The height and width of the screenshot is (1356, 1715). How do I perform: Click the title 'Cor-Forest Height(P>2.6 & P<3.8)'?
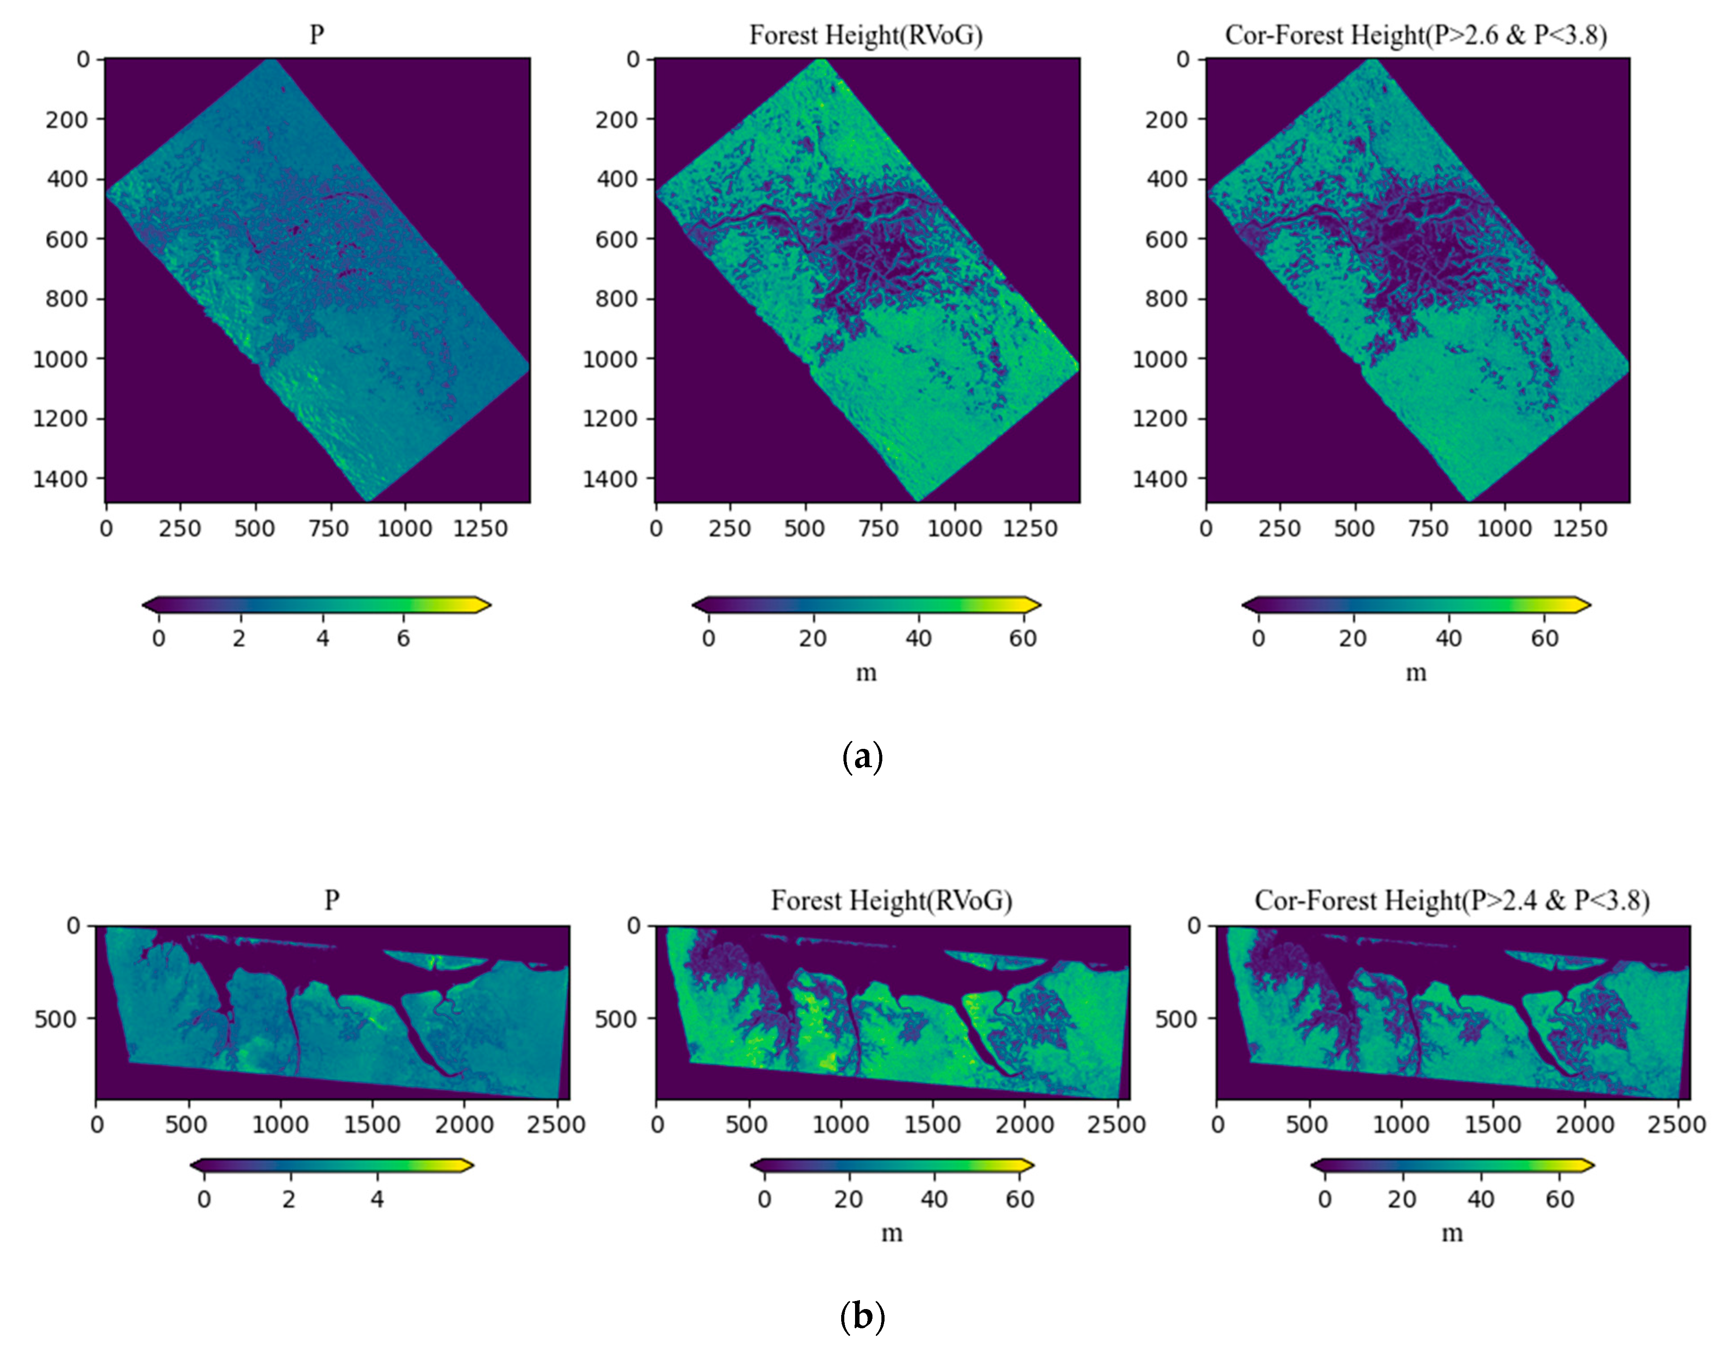[x=1416, y=36]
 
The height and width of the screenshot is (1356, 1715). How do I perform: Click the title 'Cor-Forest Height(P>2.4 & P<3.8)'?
[x=1452, y=900]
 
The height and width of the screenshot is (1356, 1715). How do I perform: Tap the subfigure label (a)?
[x=861, y=757]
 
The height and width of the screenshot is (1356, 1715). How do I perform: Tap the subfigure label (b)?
[x=861, y=1316]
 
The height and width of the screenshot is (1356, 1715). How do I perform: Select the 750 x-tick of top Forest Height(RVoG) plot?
[x=878, y=529]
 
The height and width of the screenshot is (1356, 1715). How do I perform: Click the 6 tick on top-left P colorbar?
[x=403, y=638]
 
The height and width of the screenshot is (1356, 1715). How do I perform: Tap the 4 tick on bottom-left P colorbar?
[x=377, y=1199]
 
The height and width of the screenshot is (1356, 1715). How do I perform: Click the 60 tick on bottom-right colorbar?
[x=1559, y=1199]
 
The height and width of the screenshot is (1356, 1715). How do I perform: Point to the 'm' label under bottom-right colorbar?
[x=1452, y=1233]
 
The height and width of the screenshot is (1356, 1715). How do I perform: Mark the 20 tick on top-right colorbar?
[x=1353, y=638]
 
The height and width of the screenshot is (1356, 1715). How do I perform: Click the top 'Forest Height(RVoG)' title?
[x=865, y=36]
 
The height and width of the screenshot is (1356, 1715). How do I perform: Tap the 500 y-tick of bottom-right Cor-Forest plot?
[x=1177, y=1018]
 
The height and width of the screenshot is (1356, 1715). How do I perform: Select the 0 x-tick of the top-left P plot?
[x=106, y=529]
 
